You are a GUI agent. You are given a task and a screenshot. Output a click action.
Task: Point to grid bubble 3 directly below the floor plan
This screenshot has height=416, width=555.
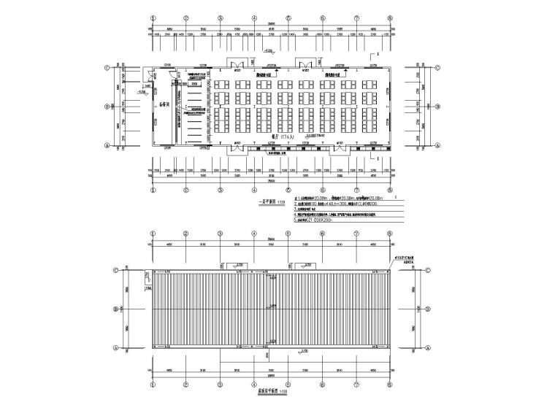tap(221, 192)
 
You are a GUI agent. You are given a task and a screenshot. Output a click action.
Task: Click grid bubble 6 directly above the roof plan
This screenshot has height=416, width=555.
tap(322, 234)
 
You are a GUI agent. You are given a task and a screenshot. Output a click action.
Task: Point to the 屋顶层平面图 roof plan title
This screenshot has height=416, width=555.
tap(268, 391)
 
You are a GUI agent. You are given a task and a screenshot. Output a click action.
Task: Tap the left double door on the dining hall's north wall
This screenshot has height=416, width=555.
tap(238, 65)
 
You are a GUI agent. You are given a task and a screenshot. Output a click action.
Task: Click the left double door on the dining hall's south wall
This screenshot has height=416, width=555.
tap(238, 148)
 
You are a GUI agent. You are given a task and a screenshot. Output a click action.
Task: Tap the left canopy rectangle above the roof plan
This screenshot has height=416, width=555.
tap(238, 265)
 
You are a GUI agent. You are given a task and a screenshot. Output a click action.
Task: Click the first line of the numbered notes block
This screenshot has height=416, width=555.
tap(343, 198)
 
